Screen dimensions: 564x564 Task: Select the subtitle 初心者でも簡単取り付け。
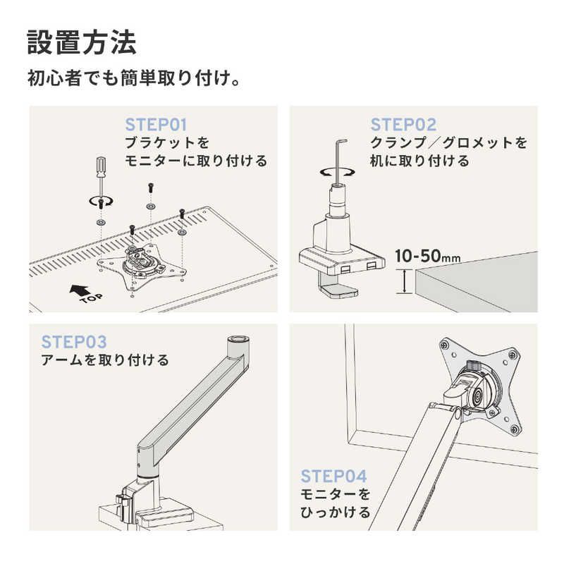click(x=134, y=77)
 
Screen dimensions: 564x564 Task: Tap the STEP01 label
click(x=156, y=125)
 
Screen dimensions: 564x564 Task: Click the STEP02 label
click(x=403, y=125)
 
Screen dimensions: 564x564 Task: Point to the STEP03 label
click(x=74, y=343)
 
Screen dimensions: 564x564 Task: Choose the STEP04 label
click(x=333, y=475)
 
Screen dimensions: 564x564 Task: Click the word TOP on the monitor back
click(x=90, y=300)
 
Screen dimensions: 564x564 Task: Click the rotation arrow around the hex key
click(x=331, y=171)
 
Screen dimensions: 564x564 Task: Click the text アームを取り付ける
click(x=105, y=360)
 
